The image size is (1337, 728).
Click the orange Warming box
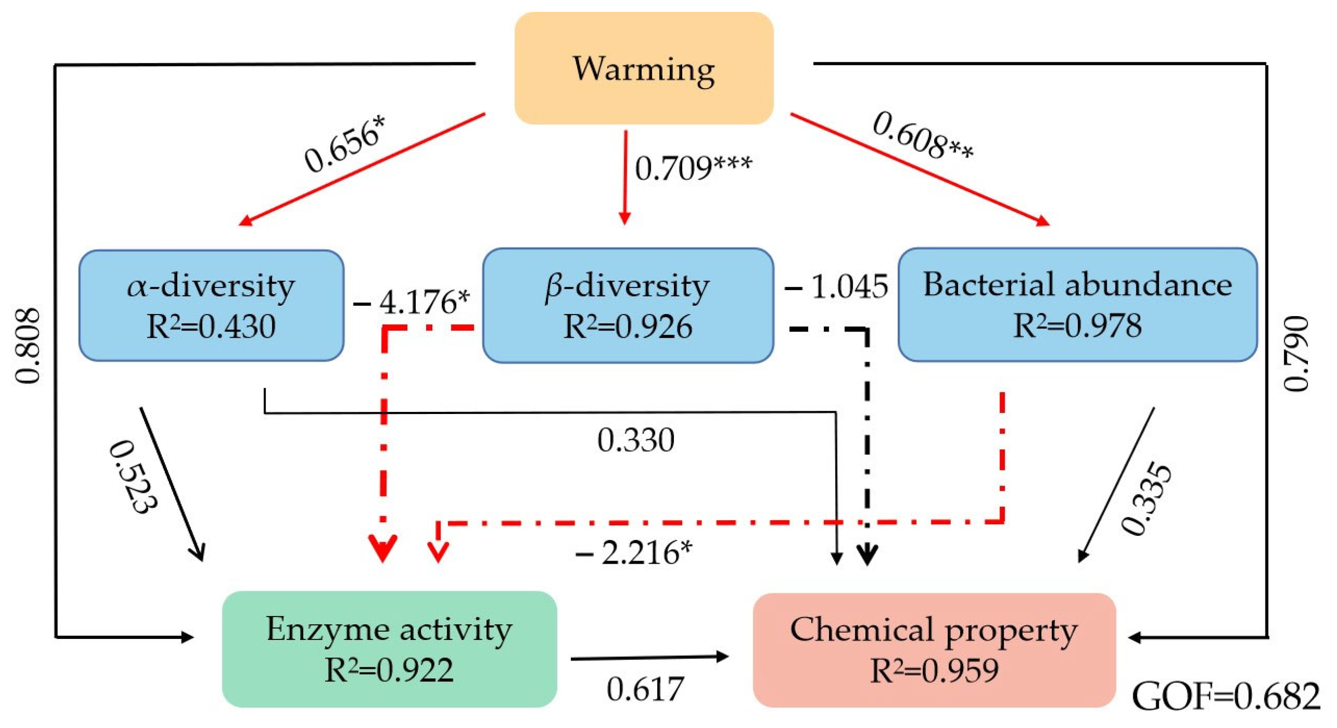click(x=643, y=68)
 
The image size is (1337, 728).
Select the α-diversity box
click(x=211, y=305)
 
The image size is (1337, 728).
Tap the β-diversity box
click(x=628, y=305)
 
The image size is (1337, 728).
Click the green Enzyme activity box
click(x=389, y=649)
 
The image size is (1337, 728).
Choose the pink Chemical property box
click(x=934, y=650)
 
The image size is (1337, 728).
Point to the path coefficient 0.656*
click(x=346, y=144)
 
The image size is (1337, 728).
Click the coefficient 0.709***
click(x=693, y=167)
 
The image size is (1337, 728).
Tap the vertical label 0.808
click(x=27, y=346)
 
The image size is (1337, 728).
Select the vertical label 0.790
click(x=1296, y=353)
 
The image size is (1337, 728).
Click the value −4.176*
click(x=411, y=302)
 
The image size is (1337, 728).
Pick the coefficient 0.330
click(x=636, y=440)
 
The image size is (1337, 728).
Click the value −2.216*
click(x=634, y=552)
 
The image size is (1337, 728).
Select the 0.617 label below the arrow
click(x=645, y=689)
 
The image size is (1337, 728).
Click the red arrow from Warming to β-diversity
click(x=625, y=176)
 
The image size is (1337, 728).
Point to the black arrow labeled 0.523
click(x=171, y=482)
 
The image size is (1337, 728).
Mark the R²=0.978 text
click(x=1077, y=326)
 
